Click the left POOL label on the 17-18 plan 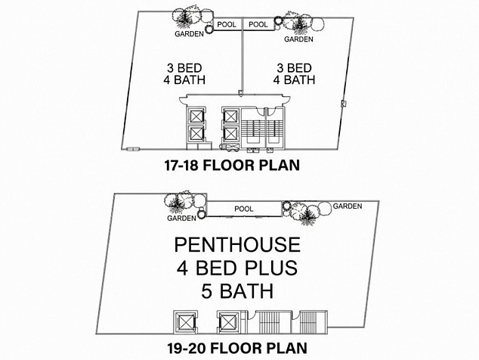pyautogui.click(x=227, y=24)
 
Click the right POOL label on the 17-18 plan pyautogui.click(x=258, y=24)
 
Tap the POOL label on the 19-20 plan pyautogui.click(x=244, y=209)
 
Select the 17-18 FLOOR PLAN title pyautogui.click(x=232, y=166)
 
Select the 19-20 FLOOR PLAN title pyautogui.click(x=237, y=349)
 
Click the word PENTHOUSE pyautogui.click(x=237, y=245)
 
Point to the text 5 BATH pyautogui.click(x=237, y=291)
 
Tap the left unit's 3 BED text pyautogui.click(x=184, y=68)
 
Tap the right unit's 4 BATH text pyautogui.click(x=294, y=80)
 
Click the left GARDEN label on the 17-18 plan pyautogui.click(x=189, y=34)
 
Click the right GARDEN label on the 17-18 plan pyautogui.click(x=298, y=39)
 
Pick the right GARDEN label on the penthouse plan pyautogui.click(x=348, y=206)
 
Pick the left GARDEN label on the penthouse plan pyautogui.click(x=181, y=218)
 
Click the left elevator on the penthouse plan pyautogui.click(x=185, y=322)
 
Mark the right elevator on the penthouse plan pyautogui.click(x=229, y=322)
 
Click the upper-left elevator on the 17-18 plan pyautogui.click(x=196, y=116)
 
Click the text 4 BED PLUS pyautogui.click(x=237, y=268)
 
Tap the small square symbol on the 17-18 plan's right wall pyautogui.click(x=343, y=104)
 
